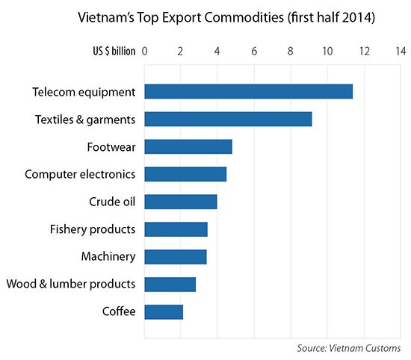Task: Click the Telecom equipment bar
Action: coord(248,92)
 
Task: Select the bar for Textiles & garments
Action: coord(228,120)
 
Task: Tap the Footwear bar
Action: coord(188,146)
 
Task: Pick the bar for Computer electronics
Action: coord(185,174)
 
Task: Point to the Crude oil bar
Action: coord(180,202)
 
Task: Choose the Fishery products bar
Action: coord(176,229)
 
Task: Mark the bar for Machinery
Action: coord(175,257)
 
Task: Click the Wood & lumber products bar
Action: coord(170,285)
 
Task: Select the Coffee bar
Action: coord(163,311)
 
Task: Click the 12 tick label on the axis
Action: coord(364,52)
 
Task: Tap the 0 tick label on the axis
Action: coord(144,52)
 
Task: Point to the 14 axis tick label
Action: coord(401,52)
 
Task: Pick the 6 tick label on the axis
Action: coord(254,52)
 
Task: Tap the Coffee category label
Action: coord(118,311)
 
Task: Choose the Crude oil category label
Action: coord(112,202)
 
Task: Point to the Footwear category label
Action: coord(111,146)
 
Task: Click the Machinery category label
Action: coord(108,257)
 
